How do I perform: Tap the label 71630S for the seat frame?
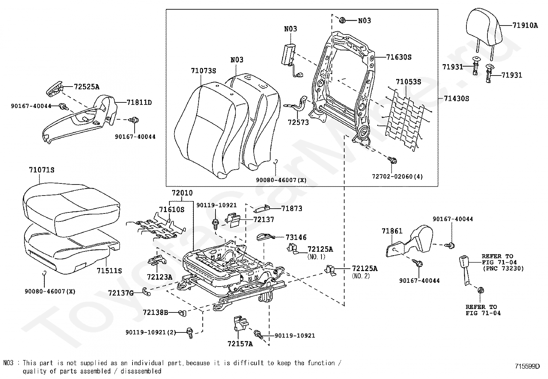point(399,57)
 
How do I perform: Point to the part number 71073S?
point(203,71)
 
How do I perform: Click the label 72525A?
point(84,87)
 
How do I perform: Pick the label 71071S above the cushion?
point(42,170)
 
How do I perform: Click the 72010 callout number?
point(182,193)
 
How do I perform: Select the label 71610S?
point(171,210)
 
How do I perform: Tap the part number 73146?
point(296,237)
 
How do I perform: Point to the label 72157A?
point(240,344)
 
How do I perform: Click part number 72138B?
point(155,312)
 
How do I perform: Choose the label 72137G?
point(120,293)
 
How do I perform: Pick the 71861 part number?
point(392,231)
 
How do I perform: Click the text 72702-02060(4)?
point(397,177)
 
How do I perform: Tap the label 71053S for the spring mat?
point(408,82)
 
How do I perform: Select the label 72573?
point(298,122)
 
